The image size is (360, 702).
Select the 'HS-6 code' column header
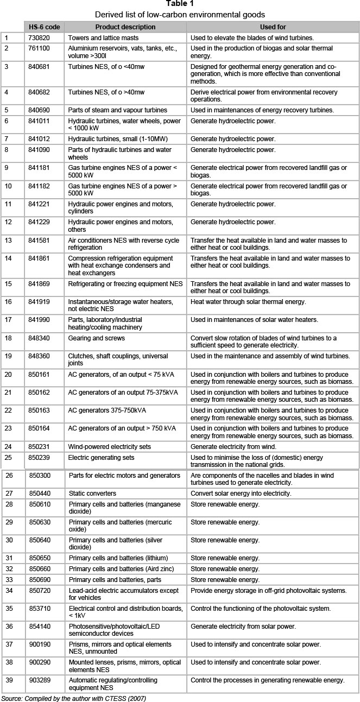pyautogui.click(x=45, y=27)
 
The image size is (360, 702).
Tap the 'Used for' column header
pyautogui.click(x=273, y=27)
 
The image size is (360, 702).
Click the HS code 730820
pyautogui.click(x=39, y=38)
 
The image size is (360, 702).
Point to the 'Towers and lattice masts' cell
pyautogui.click(x=103, y=38)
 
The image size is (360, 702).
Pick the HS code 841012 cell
pyautogui.click(x=39, y=139)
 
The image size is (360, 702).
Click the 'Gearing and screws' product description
pyautogui.click(x=97, y=338)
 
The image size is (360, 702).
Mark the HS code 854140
pyautogui.click(x=40, y=627)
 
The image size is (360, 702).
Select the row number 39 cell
pyautogui.click(x=8, y=680)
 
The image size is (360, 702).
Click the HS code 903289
pyautogui.click(x=40, y=680)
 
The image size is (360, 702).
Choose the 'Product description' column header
pyautogui.click(x=125, y=27)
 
